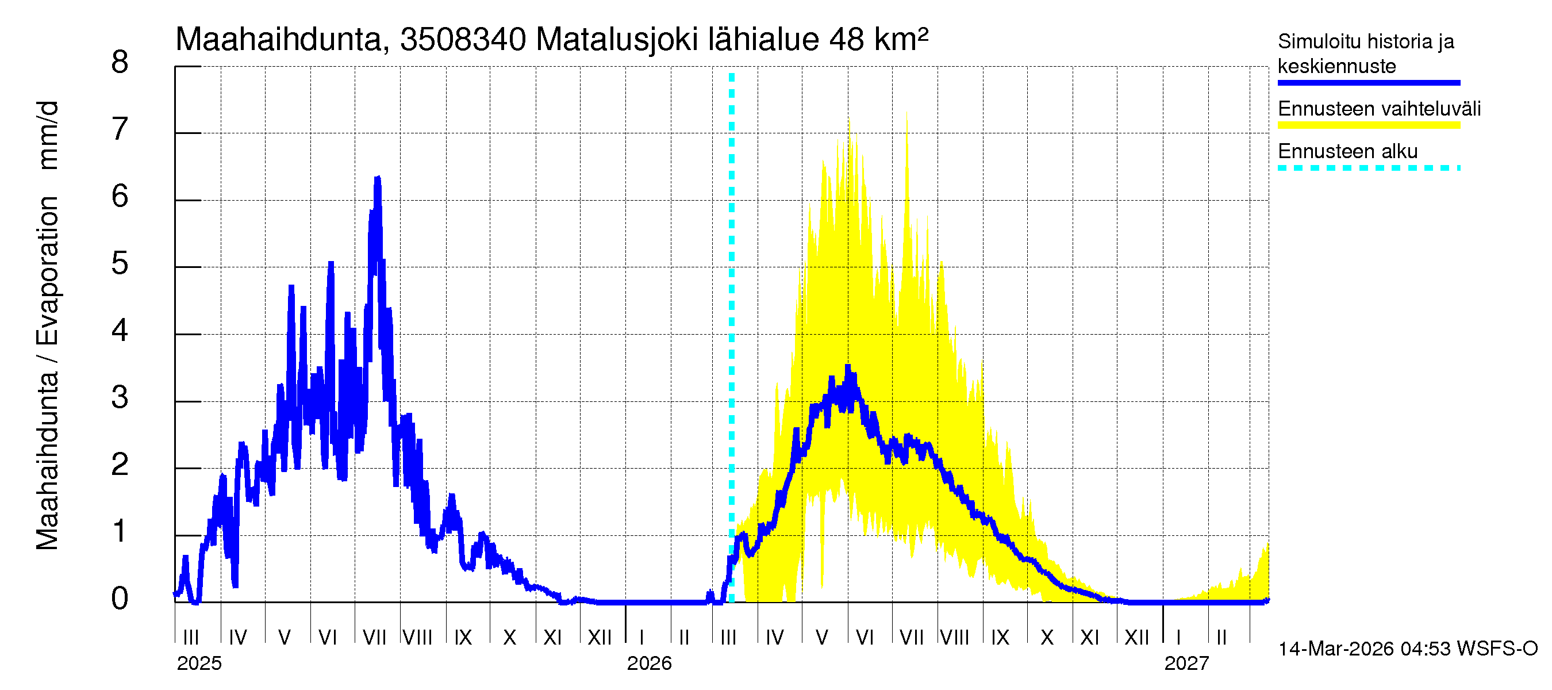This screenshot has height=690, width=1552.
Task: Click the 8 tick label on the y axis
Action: pyautogui.click(x=120, y=63)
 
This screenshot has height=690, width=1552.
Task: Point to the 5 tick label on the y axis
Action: pyautogui.click(x=120, y=264)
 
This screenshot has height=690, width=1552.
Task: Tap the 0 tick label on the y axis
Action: pyautogui.click(x=120, y=599)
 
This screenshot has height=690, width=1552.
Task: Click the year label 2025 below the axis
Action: pyautogui.click(x=199, y=664)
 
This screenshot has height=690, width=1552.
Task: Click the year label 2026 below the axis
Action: pyautogui.click(x=649, y=664)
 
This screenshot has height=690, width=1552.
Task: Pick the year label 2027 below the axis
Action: pyautogui.click(x=1186, y=664)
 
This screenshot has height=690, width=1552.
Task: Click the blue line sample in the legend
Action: pyautogui.click(x=1368, y=83)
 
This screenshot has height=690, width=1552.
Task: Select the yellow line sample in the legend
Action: pyautogui.click(x=1368, y=125)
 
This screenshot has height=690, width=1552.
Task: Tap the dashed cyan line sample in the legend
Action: pyautogui.click(x=1368, y=168)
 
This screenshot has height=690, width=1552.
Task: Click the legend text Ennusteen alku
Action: pyautogui.click(x=1347, y=151)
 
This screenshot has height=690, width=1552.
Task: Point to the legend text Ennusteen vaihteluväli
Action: pyautogui.click(x=1379, y=109)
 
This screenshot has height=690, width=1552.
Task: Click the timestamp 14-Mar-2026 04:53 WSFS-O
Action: pyautogui.click(x=1407, y=649)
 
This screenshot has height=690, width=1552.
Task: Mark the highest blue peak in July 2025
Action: pyautogui.click(x=378, y=178)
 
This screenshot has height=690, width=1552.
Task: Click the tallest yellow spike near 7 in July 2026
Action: pyautogui.click(x=906, y=114)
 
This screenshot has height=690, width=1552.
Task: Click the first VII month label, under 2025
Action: pyautogui.click(x=374, y=637)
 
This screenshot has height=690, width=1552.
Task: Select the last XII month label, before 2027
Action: pyautogui.click(x=1136, y=637)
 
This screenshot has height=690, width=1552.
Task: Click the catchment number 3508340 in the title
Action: pyautogui.click(x=463, y=40)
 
